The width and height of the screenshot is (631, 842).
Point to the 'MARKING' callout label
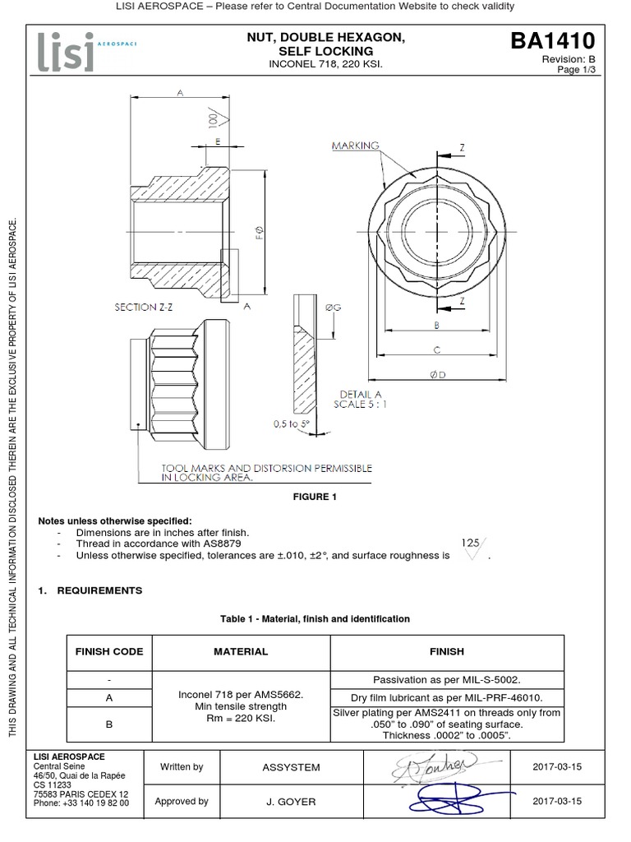click(356, 146)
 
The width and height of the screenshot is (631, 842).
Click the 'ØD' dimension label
click(438, 376)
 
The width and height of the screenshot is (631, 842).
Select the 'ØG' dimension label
click(333, 307)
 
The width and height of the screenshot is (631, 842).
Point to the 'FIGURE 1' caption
click(315, 497)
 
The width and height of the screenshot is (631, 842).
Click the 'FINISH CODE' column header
click(109, 651)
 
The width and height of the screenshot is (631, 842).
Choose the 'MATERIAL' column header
click(241, 651)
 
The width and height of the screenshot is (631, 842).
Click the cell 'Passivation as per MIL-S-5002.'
click(447, 680)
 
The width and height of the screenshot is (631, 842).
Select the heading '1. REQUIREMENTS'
click(90, 590)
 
